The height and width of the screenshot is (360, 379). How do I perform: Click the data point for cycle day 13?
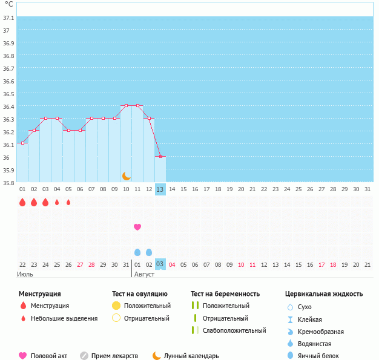(160, 156)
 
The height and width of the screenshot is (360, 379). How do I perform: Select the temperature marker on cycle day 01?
(22, 143)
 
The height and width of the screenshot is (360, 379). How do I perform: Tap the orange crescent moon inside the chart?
(126, 176)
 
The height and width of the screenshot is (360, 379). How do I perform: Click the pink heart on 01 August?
(137, 227)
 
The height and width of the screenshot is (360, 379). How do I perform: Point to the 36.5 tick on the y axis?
(8, 94)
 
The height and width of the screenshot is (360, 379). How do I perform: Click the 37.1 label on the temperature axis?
(8, 18)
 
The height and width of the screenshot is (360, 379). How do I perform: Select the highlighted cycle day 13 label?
(160, 189)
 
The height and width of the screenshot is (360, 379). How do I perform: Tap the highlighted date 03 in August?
(160, 264)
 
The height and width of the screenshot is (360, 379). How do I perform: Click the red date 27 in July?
(80, 265)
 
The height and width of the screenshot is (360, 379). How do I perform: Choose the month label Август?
(144, 274)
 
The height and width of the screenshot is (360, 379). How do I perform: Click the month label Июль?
(25, 274)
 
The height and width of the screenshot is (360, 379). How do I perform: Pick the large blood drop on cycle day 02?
(34, 202)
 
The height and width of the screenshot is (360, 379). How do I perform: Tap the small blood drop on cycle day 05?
(68, 202)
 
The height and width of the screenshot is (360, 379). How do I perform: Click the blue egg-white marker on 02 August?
(149, 252)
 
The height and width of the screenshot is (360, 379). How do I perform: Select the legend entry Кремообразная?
(321, 332)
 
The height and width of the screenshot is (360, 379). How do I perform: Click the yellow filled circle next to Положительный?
(116, 306)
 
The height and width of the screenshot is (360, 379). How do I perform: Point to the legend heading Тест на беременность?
(225, 294)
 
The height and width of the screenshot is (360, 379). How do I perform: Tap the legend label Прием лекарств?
(114, 356)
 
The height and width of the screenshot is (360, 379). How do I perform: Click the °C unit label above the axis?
(9, 4)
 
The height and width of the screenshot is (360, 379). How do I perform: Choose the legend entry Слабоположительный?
(234, 330)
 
